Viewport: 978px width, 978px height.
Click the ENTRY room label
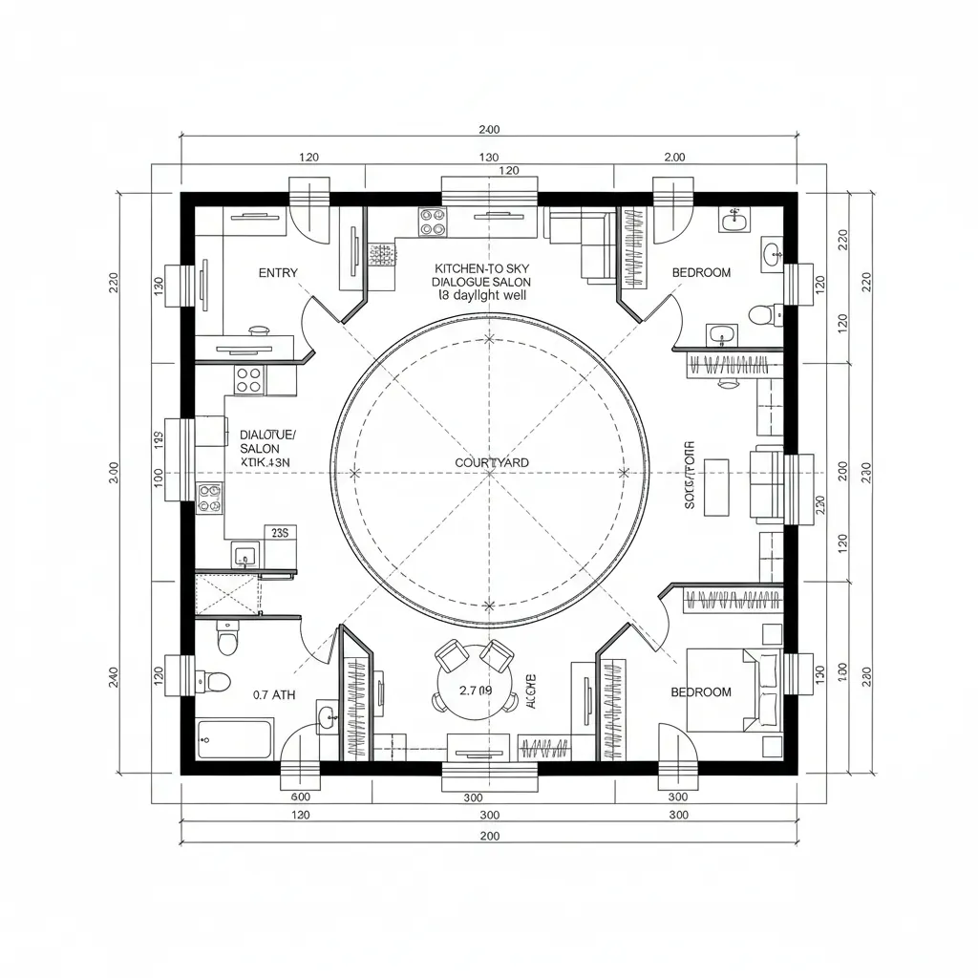pyautogui.click(x=278, y=273)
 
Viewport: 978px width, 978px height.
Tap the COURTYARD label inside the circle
pyautogui.click(x=492, y=462)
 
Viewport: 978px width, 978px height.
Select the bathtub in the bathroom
pyautogui.click(x=235, y=738)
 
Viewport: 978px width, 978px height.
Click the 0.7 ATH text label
pyautogui.click(x=274, y=695)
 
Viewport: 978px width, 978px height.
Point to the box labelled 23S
pyautogui.click(x=280, y=533)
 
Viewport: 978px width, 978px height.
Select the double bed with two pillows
pyautogui.click(x=733, y=691)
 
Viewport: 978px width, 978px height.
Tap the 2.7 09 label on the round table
pyautogui.click(x=475, y=690)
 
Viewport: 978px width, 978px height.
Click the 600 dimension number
pyautogui.click(x=300, y=797)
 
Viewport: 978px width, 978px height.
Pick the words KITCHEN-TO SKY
pyautogui.click(x=481, y=270)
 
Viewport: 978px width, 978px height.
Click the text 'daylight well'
pyautogui.click(x=489, y=296)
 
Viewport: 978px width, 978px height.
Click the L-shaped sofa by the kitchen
pyautogui.click(x=581, y=244)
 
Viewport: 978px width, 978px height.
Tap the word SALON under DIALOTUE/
pyautogui.click(x=260, y=448)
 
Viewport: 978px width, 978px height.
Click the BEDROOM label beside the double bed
pyautogui.click(x=701, y=691)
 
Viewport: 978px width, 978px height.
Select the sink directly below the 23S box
pyautogui.click(x=244, y=555)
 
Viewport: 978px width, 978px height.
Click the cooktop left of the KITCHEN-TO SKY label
pyautogui.click(x=433, y=223)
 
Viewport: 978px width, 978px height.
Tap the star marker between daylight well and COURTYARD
pyautogui.click(x=489, y=338)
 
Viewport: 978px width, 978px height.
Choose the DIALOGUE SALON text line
pyautogui.click(x=481, y=283)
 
